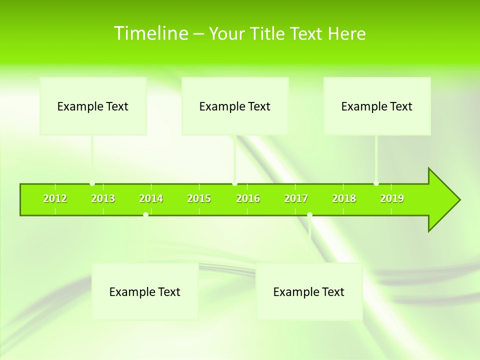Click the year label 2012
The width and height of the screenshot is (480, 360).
coord(55,198)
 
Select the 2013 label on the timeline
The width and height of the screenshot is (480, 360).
coord(103,198)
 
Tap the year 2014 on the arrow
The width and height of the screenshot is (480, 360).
coord(151,198)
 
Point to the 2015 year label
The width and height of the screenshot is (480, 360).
coord(199,198)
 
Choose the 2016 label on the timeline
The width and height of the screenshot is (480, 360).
coord(248,198)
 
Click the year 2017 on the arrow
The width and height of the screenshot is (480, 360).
coord(296,198)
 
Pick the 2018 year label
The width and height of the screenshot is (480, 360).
coord(344,198)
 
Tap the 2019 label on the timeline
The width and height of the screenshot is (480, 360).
coord(392,198)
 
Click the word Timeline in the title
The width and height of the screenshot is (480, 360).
coord(150,33)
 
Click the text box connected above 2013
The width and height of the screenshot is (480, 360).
coord(93,106)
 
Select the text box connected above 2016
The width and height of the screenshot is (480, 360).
coord(235,106)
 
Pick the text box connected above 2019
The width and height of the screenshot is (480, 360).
coord(377,106)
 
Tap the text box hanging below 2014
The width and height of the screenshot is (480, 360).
coord(145,291)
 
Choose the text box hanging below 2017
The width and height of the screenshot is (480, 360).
coord(309,291)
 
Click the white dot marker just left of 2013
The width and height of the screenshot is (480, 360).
coord(92,183)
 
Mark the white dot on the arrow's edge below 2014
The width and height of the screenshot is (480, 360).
coord(145,214)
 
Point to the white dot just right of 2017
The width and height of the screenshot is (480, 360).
coord(309,214)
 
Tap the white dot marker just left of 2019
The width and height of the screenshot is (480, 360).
coord(376,183)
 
